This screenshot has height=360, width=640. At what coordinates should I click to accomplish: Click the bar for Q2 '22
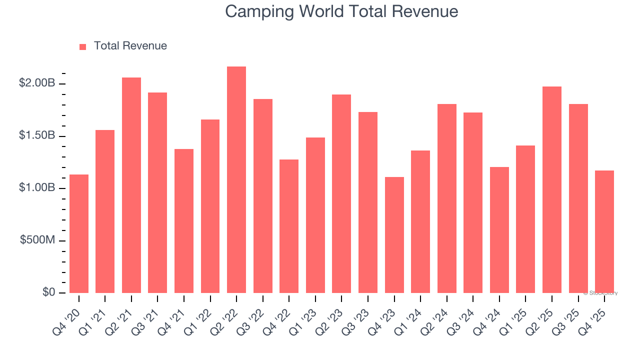[236, 180]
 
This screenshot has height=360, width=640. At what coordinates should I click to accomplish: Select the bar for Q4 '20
[79, 234]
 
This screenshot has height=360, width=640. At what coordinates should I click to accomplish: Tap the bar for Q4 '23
[394, 235]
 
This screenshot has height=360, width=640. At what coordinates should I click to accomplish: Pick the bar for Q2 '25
[552, 190]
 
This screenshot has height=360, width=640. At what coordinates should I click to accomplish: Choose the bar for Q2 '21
[131, 185]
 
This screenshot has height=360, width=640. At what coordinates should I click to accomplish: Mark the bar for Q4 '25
[604, 231]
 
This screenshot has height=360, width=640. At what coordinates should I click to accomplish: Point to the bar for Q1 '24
[420, 221]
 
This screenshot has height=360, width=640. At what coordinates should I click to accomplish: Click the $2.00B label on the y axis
[37, 83]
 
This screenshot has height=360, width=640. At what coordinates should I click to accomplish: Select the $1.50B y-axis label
[37, 135]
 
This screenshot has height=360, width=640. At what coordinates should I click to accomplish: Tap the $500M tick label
[37, 240]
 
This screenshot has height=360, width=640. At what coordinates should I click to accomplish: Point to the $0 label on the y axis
[48, 292]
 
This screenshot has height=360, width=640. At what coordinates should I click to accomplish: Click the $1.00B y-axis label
[37, 188]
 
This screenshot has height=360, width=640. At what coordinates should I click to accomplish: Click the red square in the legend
[83, 46]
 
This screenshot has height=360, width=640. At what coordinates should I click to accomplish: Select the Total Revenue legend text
[130, 46]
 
